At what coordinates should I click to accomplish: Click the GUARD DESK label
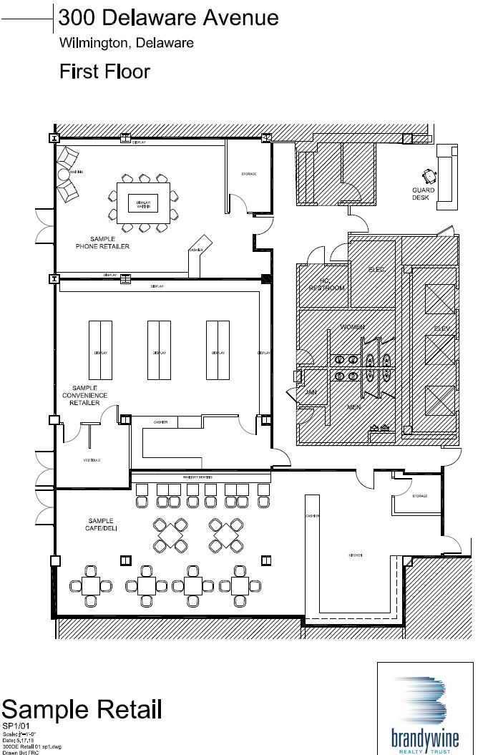(x=421, y=193)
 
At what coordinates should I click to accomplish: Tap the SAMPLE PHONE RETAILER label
(x=102, y=243)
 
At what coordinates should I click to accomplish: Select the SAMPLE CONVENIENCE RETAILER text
(x=84, y=395)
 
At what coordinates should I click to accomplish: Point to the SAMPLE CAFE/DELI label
(x=102, y=525)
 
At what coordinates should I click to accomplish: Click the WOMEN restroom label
(x=352, y=327)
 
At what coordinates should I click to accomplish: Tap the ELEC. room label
(x=376, y=269)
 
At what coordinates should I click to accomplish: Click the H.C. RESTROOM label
(x=326, y=284)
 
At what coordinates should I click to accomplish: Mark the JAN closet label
(x=311, y=392)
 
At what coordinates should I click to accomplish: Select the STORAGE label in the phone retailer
(x=248, y=174)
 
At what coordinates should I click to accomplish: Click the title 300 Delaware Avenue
(x=169, y=16)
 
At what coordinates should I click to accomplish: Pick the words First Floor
(x=104, y=71)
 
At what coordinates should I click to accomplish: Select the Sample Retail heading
(x=82, y=710)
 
